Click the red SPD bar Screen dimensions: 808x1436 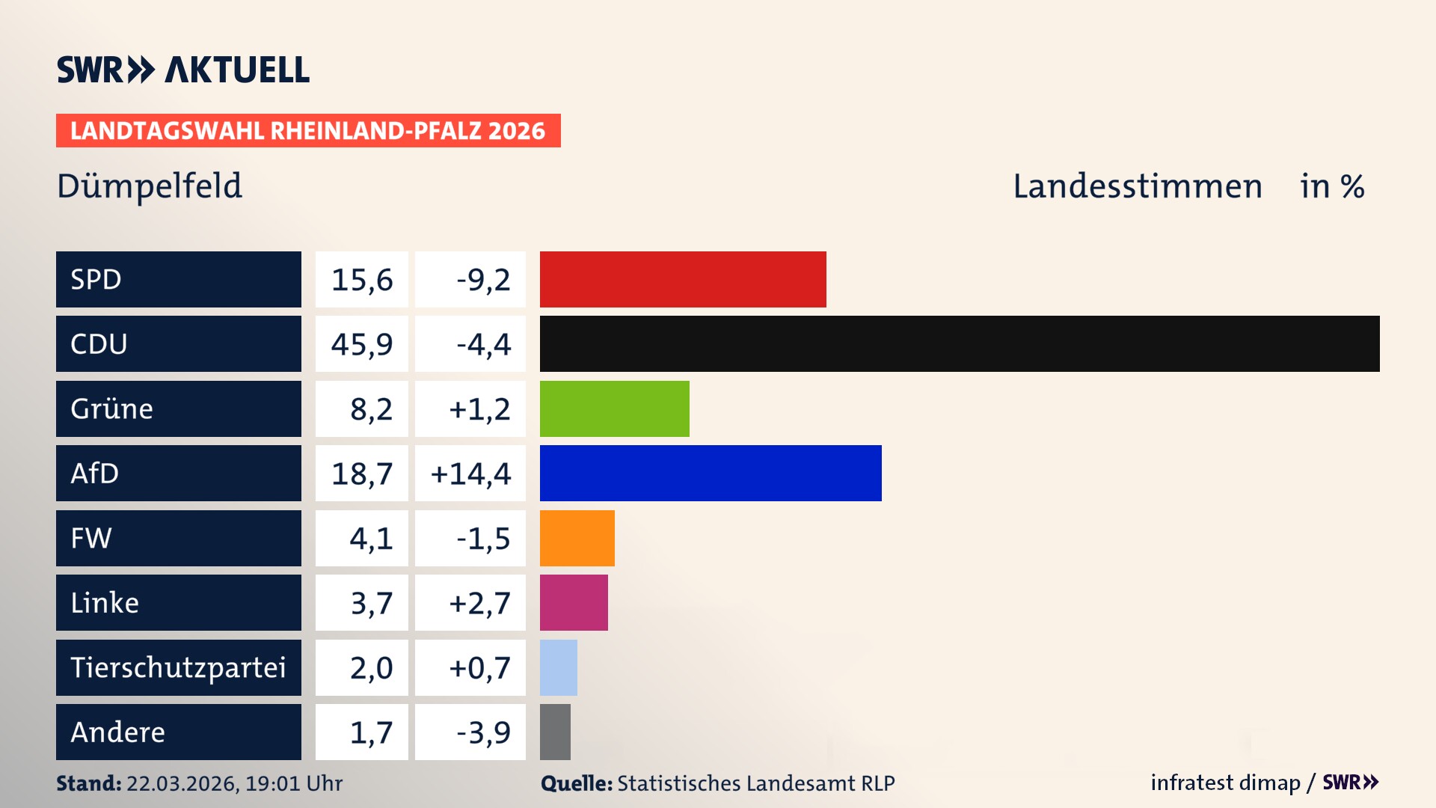pos(683,279)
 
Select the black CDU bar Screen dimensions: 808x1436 pos(960,344)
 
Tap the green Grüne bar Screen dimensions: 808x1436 pos(614,408)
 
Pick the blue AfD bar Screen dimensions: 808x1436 pos(711,473)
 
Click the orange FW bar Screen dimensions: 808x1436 pos(577,538)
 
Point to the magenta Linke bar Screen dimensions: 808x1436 pos(574,602)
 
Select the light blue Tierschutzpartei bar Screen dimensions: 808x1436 pos(558,667)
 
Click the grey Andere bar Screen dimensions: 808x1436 pos(555,732)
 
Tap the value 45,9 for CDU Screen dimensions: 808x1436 pos(362,344)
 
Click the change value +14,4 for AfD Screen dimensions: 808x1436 pos(470,474)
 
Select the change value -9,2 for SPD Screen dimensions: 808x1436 pos(483,280)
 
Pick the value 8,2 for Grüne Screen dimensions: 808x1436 pos(371,409)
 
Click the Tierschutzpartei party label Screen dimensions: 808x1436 pos(178,667)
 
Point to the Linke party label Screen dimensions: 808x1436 pos(105,603)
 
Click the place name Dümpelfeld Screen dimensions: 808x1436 pos(150,186)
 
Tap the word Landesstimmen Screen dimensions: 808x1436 pos(1137,186)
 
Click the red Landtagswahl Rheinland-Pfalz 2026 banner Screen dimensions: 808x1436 pos(308,131)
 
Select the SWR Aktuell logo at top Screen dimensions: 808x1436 pos(183,70)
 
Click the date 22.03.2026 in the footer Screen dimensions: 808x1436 pos(182,783)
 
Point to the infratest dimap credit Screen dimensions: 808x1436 pos(1225,783)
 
